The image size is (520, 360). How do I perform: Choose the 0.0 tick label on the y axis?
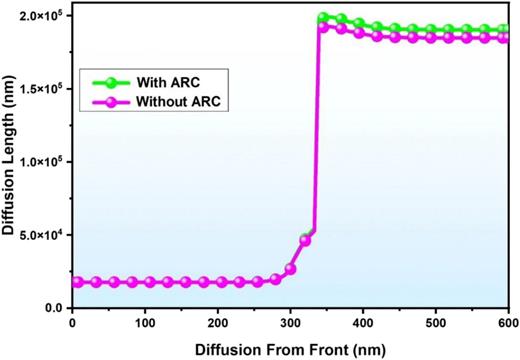[55, 308]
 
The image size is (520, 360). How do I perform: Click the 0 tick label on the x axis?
[72, 324]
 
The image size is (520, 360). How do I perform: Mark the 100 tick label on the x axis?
[145, 324]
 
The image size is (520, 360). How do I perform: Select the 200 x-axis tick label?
[218, 324]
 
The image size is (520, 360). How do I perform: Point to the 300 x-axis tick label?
[291, 324]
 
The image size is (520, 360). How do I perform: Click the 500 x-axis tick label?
[436, 324]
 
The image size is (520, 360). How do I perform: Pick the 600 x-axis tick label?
[506, 324]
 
